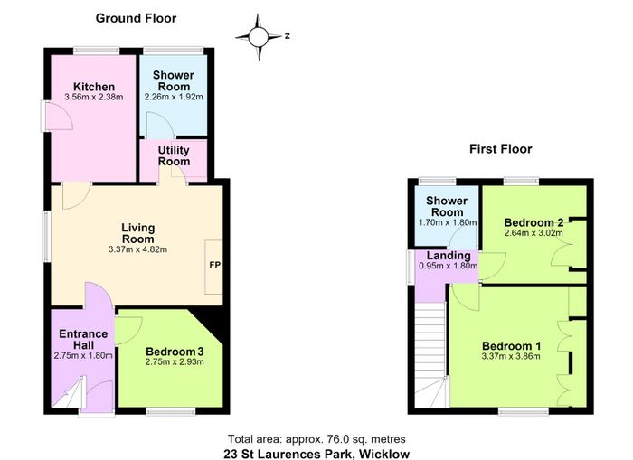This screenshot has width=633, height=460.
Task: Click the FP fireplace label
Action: pos(215,265)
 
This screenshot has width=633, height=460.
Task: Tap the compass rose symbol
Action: pos(259,37)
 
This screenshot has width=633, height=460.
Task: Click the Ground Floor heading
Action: pos(136,18)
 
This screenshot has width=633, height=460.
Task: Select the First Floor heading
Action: pos(501,149)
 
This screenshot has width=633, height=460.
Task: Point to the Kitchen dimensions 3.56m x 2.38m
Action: pos(94,97)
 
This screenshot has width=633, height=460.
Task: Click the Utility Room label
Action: pos(174,155)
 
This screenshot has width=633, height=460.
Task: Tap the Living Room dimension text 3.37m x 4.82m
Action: pos(137,249)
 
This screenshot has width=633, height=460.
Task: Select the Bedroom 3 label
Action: pos(175,352)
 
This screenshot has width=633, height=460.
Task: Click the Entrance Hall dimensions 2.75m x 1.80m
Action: pos(83,355)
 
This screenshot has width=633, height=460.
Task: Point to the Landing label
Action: pos(449,256)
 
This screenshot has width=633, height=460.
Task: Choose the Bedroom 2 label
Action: pos(534,222)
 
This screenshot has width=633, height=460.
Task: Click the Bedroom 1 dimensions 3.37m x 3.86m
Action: pos(511,356)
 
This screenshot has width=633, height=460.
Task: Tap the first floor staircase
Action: pos(430,355)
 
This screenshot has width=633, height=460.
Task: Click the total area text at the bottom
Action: pos(316,439)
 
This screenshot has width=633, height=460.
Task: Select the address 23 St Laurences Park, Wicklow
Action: pos(316,455)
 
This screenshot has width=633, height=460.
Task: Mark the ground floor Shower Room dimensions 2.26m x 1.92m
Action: pos(174,97)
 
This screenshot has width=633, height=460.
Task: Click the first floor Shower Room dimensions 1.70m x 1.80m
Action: pos(448,222)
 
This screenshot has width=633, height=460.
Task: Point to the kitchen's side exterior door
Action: pos(57,116)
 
